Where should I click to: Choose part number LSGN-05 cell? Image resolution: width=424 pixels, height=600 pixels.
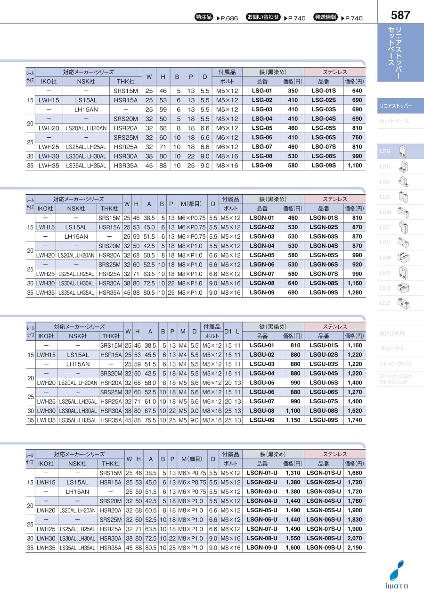click(x=261, y=255)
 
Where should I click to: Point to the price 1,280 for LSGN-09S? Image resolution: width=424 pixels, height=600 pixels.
click(x=355, y=293)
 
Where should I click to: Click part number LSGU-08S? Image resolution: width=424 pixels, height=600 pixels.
click(x=323, y=410)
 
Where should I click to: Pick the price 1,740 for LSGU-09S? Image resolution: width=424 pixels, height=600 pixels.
click(x=355, y=420)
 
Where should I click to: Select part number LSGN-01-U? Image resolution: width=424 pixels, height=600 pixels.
click(x=262, y=473)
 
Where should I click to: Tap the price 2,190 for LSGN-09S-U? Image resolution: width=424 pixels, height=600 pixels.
click(x=355, y=548)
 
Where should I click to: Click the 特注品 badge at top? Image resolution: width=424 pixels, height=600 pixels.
click(x=204, y=17)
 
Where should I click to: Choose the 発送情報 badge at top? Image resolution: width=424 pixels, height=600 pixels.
click(x=326, y=17)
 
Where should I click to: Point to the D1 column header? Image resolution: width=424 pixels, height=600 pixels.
click(x=228, y=332)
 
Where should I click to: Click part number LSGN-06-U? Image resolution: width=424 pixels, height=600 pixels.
click(x=262, y=519)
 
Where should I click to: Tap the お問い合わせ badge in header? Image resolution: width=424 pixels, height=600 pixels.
click(x=263, y=17)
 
